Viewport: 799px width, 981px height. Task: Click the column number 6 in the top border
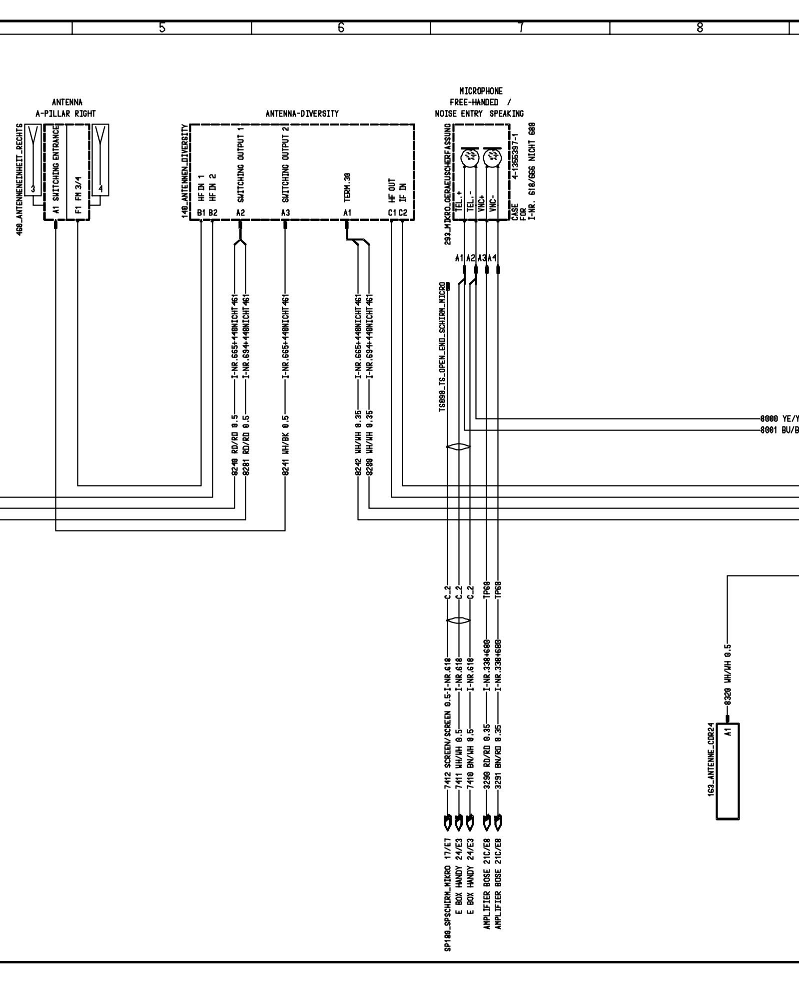[x=341, y=28]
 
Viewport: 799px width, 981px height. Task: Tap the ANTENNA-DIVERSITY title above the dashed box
[x=302, y=114]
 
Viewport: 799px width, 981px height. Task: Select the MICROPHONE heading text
[x=481, y=91]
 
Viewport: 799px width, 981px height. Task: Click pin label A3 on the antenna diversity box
[x=285, y=213]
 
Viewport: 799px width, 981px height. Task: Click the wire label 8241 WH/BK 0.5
[x=285, y=444]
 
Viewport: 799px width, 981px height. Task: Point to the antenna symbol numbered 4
[x=100, y=160]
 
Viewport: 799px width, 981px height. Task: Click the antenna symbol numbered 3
[x=33, y=160]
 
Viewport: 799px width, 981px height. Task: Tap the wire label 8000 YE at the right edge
[x=779, y=419]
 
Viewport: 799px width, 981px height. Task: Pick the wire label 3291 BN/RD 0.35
[x=498, y=763]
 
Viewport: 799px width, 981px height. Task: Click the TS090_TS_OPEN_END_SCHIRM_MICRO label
[x=442, y=348]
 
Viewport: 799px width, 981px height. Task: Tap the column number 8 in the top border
[x=700, y=28]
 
